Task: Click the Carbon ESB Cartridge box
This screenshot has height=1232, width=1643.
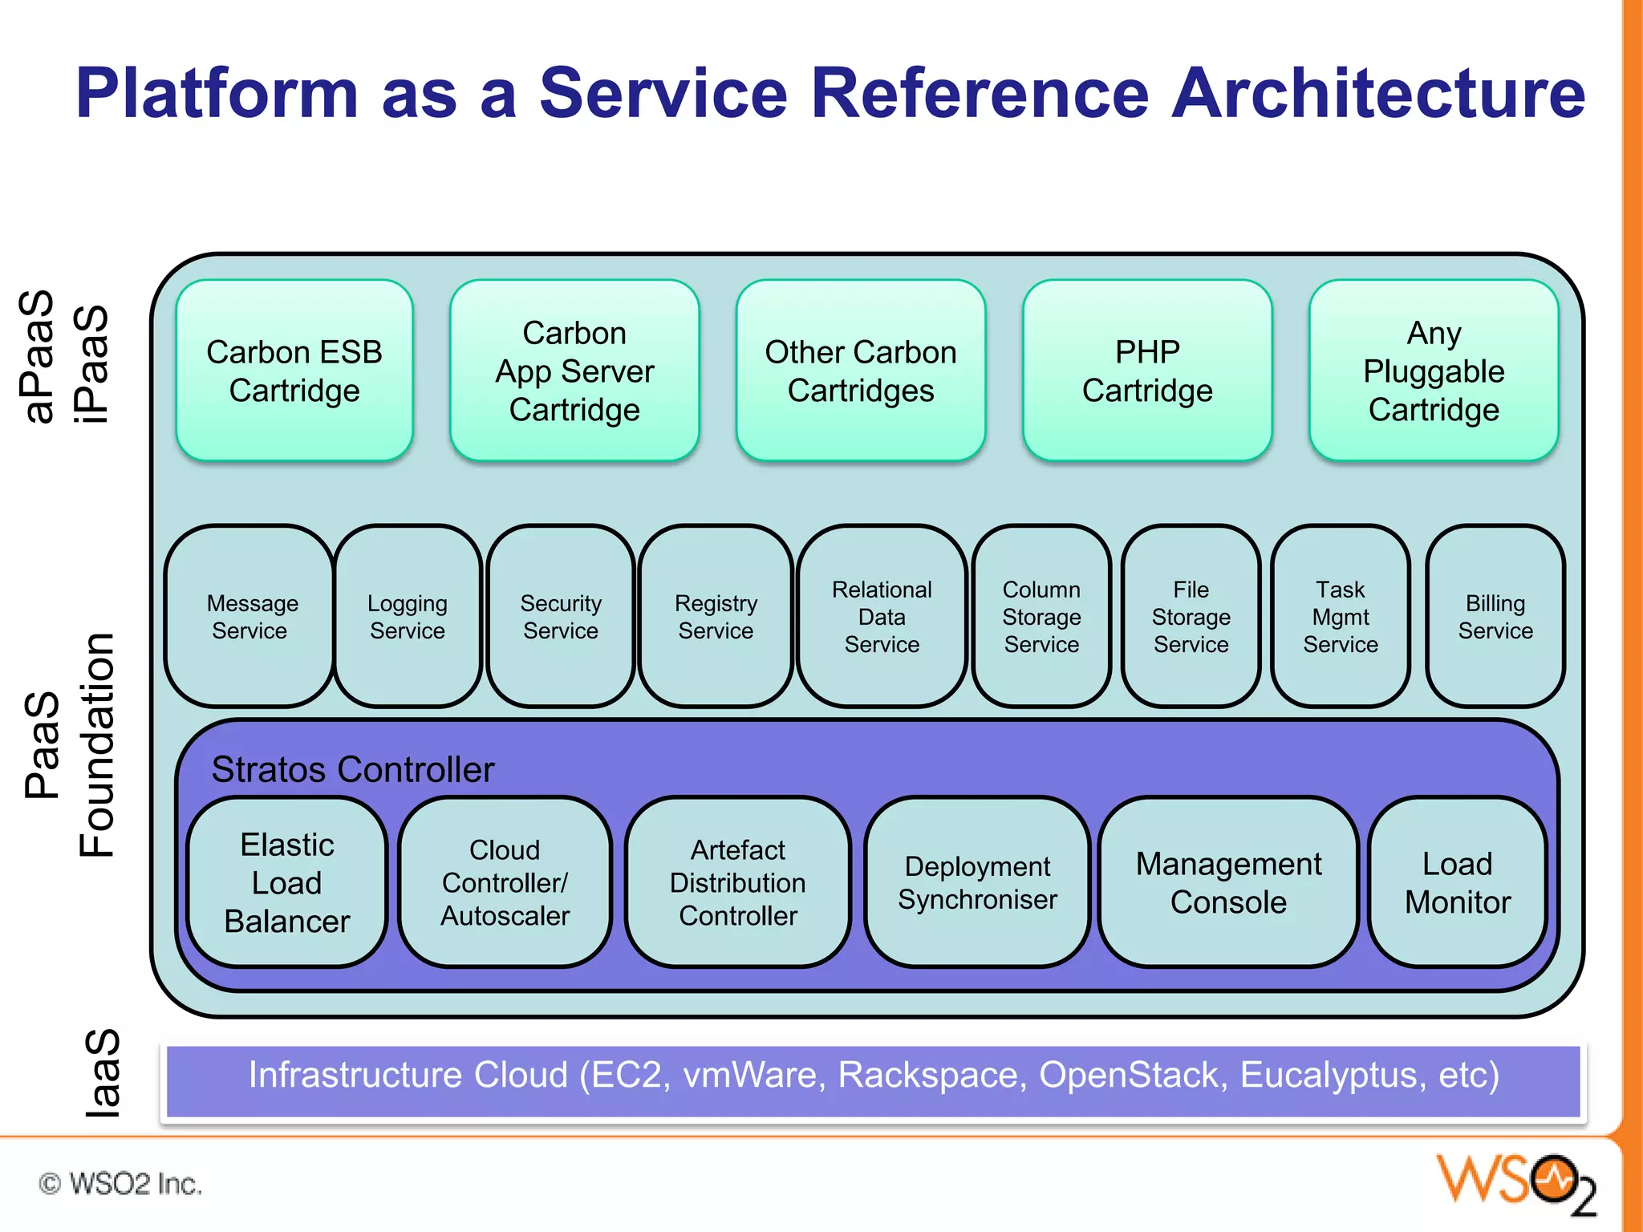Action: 294,371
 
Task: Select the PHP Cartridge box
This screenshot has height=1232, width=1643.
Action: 1147,371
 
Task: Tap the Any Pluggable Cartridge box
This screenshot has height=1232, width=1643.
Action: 1434,371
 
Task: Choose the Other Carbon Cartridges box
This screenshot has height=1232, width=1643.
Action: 861,371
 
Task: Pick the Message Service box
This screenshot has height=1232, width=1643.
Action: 249,616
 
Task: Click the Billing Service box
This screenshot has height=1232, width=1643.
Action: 1495,616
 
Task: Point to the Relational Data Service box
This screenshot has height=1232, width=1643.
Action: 882,616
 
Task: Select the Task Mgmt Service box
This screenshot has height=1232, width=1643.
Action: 1341,616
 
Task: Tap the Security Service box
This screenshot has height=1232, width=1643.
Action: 561,616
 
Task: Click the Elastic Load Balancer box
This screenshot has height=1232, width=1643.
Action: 287,882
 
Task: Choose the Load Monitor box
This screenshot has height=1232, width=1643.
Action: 1458,882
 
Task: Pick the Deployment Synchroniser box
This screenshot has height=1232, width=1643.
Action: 977,882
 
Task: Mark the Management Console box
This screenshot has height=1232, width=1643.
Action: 1228,882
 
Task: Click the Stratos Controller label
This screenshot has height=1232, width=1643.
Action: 353,769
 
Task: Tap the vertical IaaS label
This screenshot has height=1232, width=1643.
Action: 103,1073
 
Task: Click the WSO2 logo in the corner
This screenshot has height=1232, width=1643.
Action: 1516,1183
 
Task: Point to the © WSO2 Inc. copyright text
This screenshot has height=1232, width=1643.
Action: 120,1184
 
